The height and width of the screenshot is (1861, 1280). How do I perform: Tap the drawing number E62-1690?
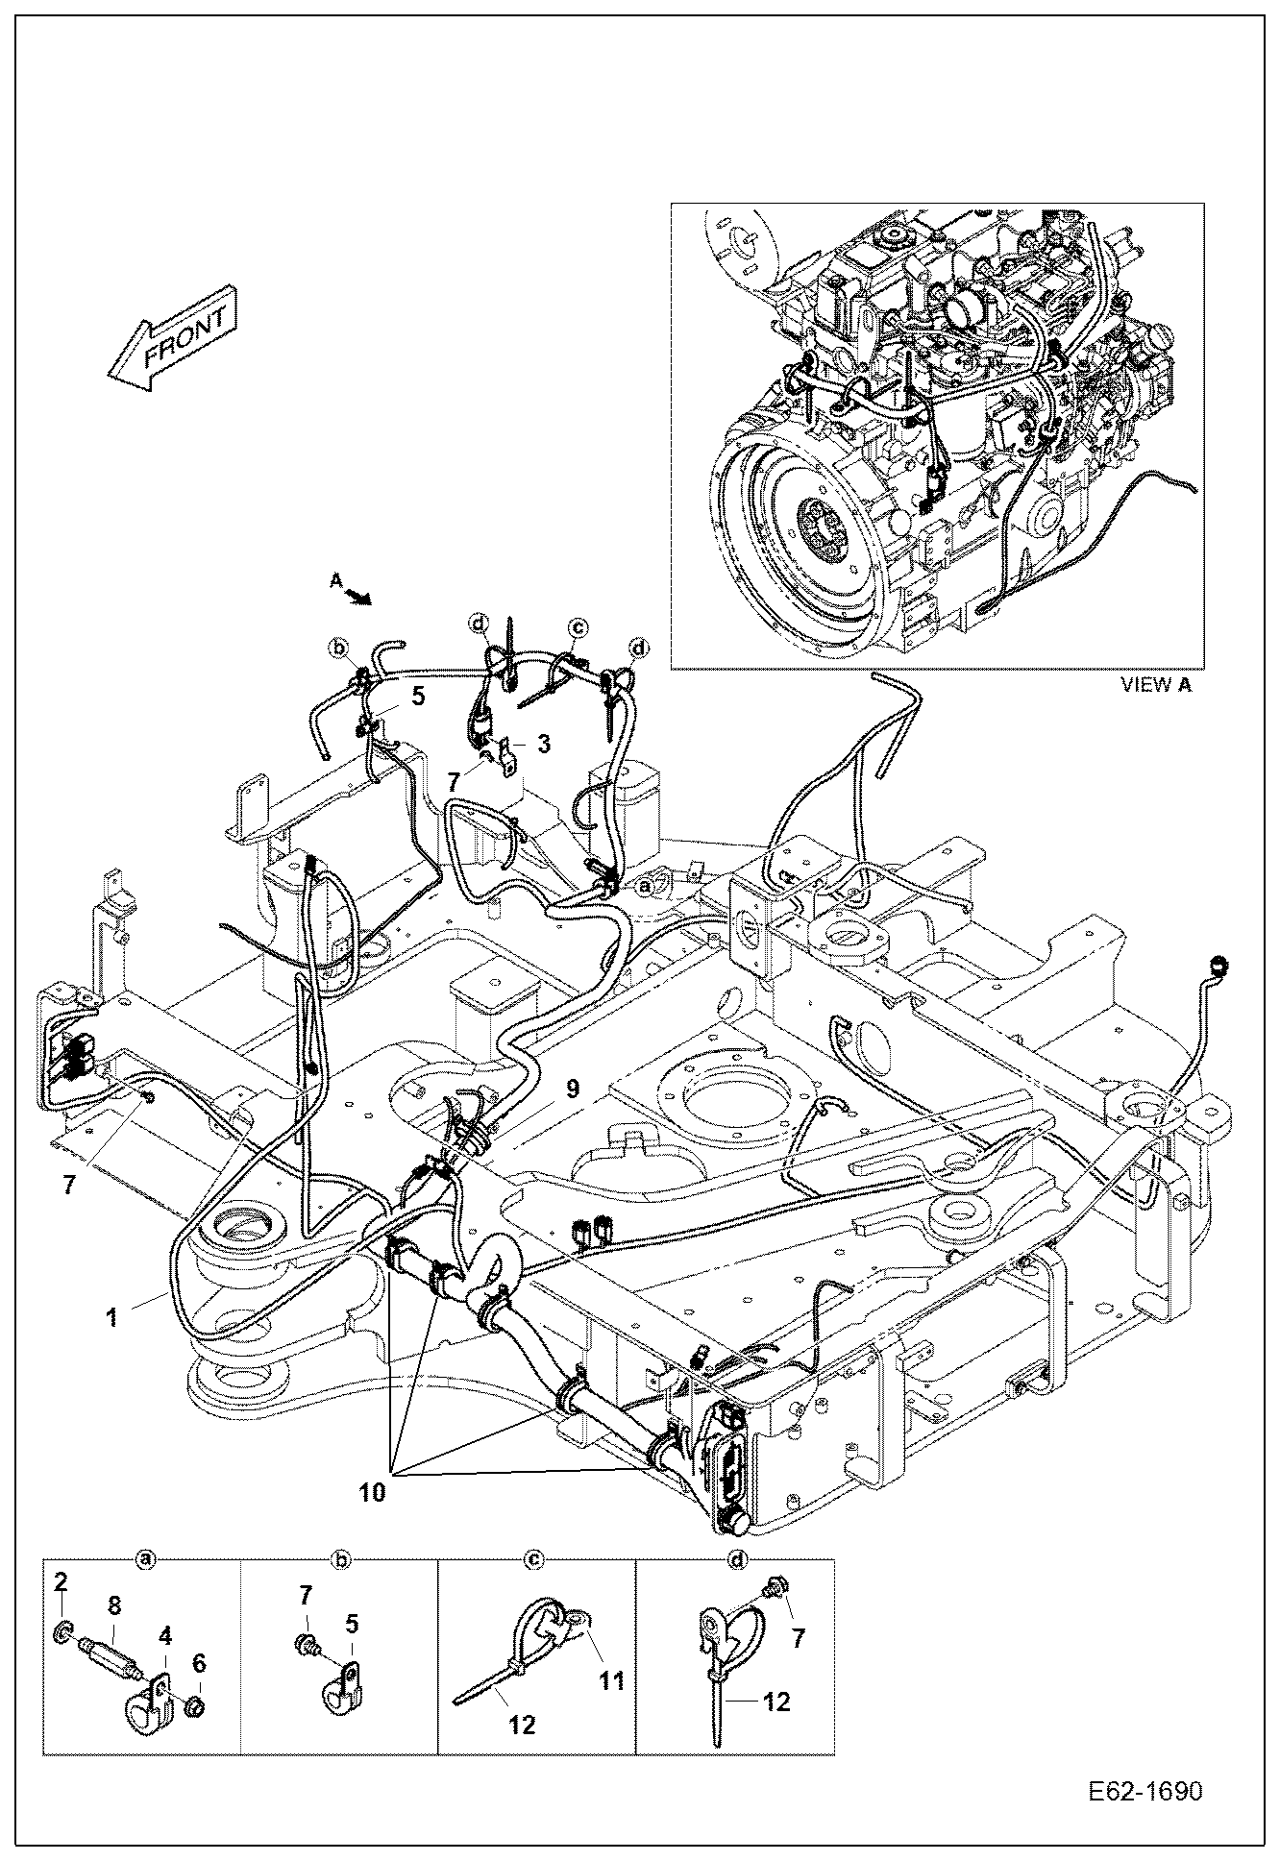click(1145, 1793)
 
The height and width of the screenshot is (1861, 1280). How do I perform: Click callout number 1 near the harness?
click(112, 1317)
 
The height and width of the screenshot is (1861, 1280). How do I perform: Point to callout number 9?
click(573, 1089)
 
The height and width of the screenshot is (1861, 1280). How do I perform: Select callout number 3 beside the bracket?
click(544, 744)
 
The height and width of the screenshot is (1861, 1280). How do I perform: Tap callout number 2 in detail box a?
click(60, 1581)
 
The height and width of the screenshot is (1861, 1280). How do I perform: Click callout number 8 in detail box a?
click(113, 1604)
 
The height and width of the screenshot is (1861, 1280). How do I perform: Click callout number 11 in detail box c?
click(612, 1680)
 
